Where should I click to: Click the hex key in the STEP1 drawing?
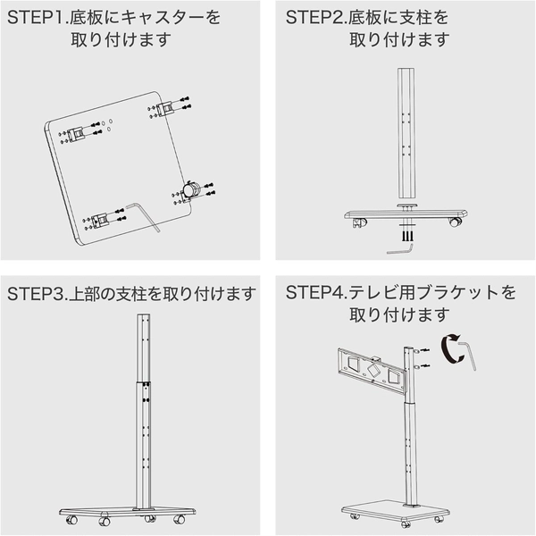coord(144,217)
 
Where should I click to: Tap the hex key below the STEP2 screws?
coord(400,248)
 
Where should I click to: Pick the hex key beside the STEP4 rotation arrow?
coord(468,355)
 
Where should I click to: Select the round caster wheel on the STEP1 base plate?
coord(190,189)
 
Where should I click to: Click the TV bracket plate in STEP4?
coord(372,369)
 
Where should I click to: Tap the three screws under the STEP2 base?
coord(407,236)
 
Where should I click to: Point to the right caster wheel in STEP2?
coord(455,222)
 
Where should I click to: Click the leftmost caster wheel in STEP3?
coord(72,521)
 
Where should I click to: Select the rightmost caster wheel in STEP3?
coord(179,520)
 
